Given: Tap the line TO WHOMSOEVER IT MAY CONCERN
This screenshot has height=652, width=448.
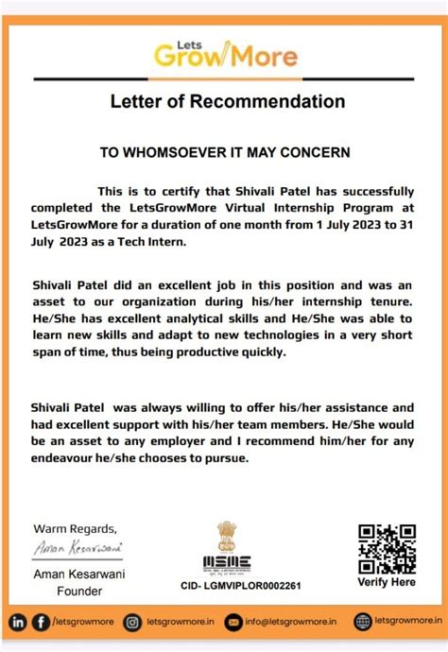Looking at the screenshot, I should pyautogui.click(x=225, y=151).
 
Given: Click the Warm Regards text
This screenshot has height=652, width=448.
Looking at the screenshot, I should pyautogui.click(x=76, y=527).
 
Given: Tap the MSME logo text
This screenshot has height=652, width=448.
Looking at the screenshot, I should pyautogui.click(x=227, y=564).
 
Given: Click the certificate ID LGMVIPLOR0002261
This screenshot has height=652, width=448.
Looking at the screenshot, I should pyautogui.click(x=240, y=586).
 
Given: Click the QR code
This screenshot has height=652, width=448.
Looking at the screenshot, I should pyautogui.click(x=387, y=548).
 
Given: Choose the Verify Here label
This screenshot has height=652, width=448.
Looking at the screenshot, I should pyautogui.click(x=387, y=583).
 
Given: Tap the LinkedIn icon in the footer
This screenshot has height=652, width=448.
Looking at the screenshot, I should pyautogui.click(x=18, y=622).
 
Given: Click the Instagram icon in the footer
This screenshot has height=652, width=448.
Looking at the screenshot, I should pyautogui.click(x=133, y=622).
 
